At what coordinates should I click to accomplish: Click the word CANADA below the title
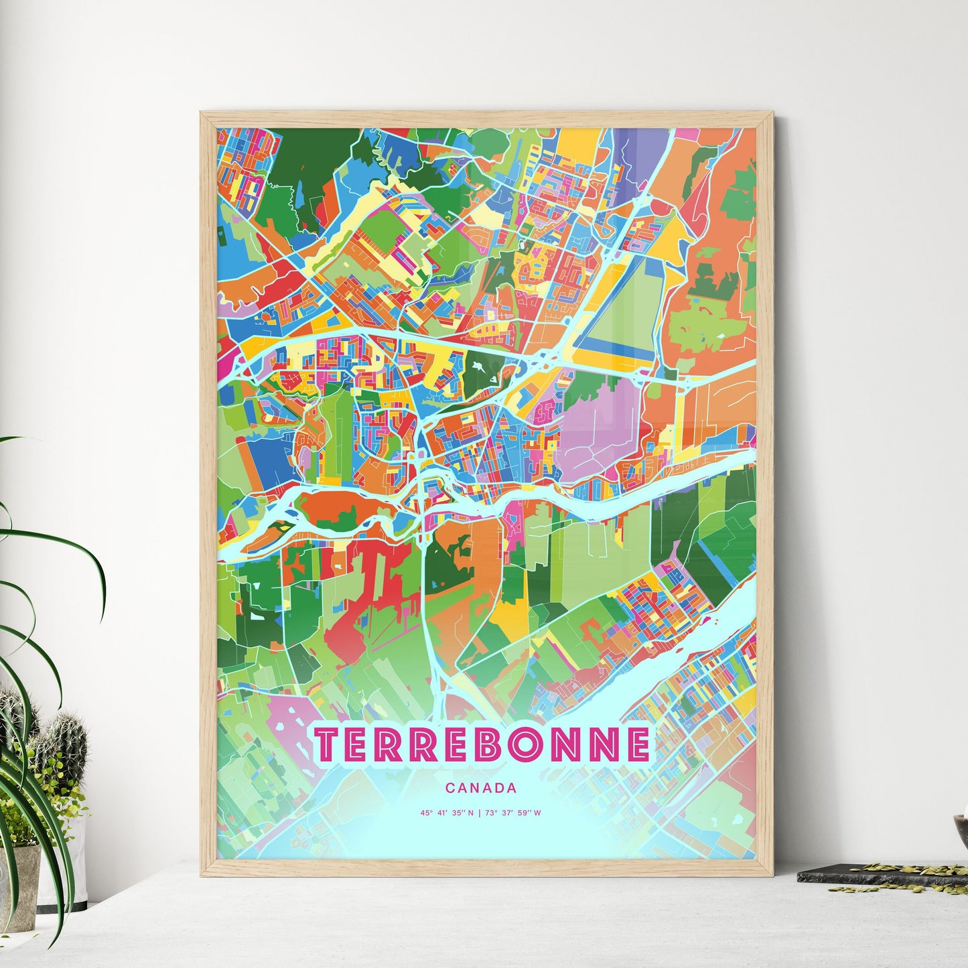pyautogui.click(x=480, y=788)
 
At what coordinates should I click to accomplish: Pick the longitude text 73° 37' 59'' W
pyautogui.click(x=512, y=813)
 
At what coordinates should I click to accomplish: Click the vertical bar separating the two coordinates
pyautogui.click(x=480, y=813)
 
